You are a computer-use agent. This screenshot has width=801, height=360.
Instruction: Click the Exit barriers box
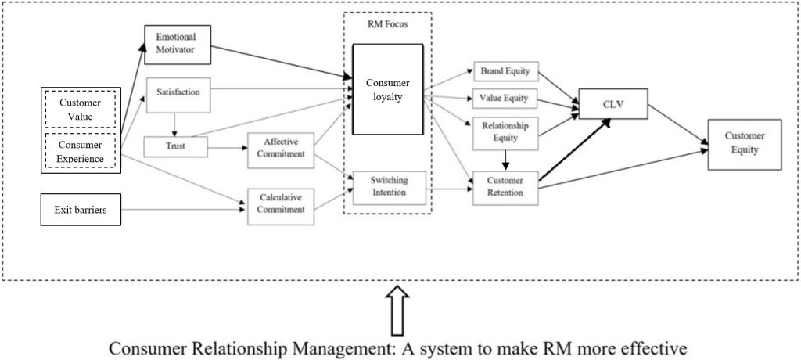[x=81, y=210]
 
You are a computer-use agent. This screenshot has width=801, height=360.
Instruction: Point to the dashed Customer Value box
[x=81, y=110]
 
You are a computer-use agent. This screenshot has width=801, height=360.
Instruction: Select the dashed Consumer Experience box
[x=81, y=150]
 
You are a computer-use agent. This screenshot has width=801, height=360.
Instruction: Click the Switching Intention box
[x=389, y=187]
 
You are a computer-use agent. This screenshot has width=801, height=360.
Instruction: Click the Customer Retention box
[x=505, y=187]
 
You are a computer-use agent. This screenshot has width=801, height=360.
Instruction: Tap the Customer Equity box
[x=744, y=143]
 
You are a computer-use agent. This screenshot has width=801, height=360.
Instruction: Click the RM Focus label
[x=387, y=25]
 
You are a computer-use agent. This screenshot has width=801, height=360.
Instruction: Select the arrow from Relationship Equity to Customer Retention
[x=506, y=160]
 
